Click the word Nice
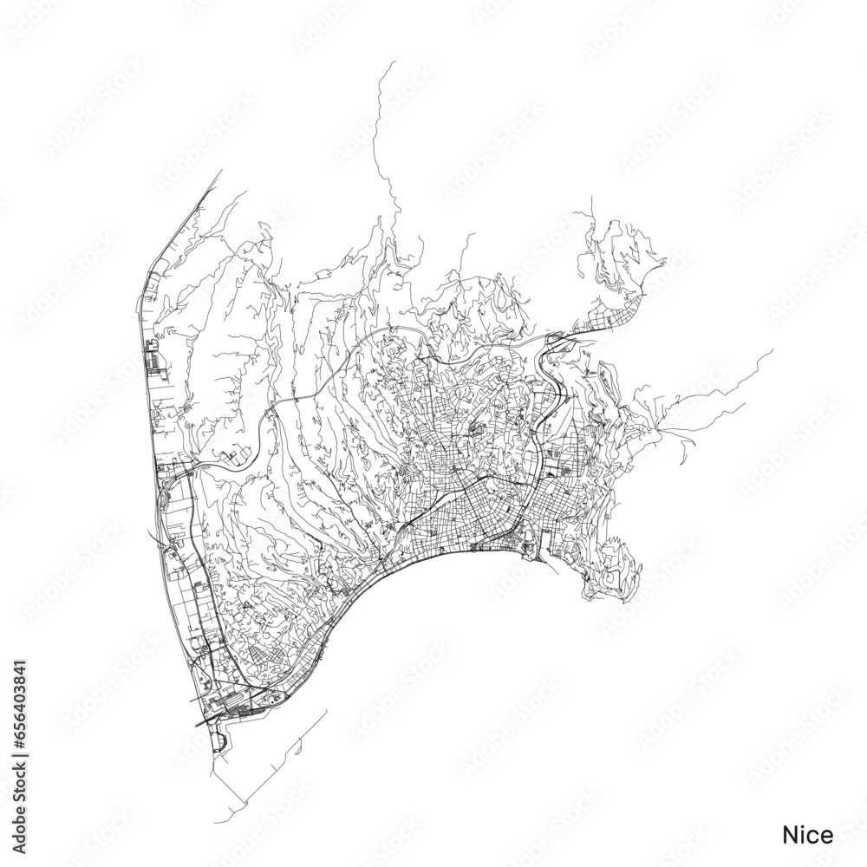pos(808,835)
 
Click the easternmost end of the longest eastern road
pos(772,351)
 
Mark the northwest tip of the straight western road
pos(222,171)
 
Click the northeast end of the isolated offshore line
pos(326,710)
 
